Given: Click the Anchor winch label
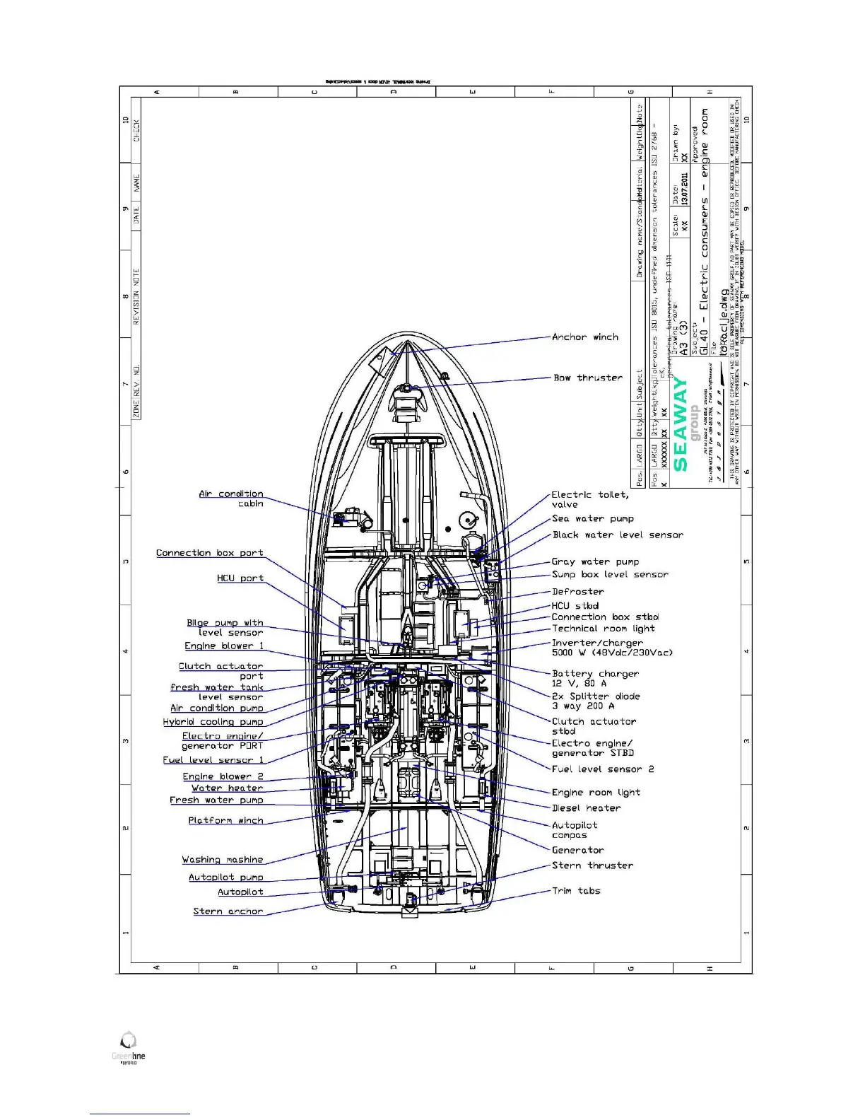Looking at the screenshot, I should [584, 337].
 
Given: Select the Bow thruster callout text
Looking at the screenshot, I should [588, 378].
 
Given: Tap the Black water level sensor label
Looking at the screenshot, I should [618, 535].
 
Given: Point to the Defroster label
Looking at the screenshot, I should [577, 591].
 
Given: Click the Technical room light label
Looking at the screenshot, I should [603, 629].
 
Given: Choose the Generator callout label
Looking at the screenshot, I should [577, 850].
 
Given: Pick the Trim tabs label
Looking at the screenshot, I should [576, 891].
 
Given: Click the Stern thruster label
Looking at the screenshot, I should [592, 865].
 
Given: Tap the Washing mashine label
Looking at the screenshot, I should [223, 860].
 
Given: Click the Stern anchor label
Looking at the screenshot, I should [228, 911].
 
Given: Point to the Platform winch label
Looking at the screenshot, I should [225, 820].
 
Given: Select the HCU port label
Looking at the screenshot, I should [240, 578].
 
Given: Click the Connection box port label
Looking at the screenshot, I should [210, 553].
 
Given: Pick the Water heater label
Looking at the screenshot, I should [228, 788].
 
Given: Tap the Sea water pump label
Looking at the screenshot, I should [592, 518].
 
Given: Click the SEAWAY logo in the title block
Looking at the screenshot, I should [681, 424].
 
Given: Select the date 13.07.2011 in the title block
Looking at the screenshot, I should [684, 189].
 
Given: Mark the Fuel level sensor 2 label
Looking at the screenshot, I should [603, 769].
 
